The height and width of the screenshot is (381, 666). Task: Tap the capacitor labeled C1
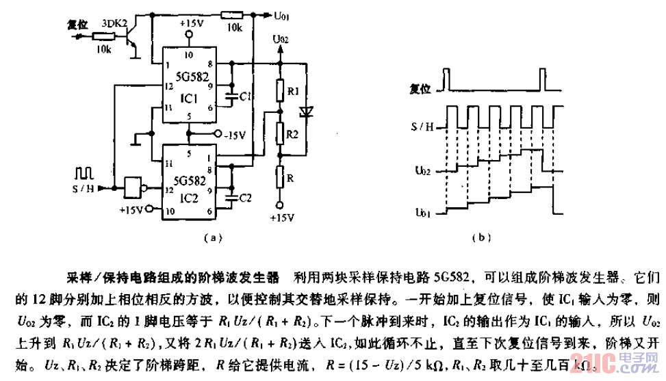point(234,96)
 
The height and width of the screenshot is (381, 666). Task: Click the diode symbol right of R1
point(306,110)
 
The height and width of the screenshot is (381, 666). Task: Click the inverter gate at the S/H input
point(132,185)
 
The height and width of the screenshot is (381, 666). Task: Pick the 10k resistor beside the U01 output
point(234,13)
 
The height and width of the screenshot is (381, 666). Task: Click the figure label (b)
point(482,238)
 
